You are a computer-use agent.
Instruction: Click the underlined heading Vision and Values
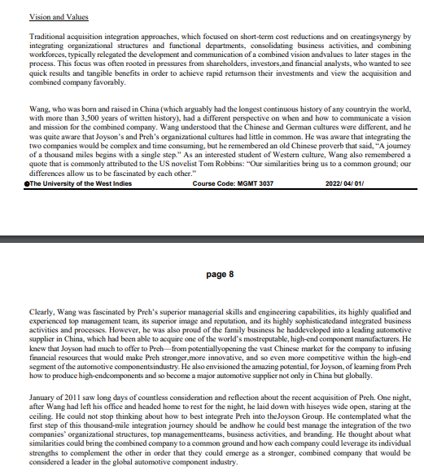coord(59,16)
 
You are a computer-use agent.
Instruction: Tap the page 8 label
coord(219,275)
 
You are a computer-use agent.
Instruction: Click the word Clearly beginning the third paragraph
coord(43,310)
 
